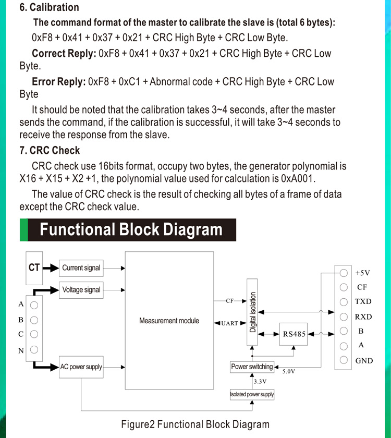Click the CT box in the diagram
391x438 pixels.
tap(34, 267)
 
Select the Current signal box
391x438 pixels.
tap(81, 268)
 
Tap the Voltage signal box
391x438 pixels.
tap(81, 290)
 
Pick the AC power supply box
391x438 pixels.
tap(81, 367)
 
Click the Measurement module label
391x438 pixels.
tap(169, 321)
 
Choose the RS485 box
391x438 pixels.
tap(294, 334)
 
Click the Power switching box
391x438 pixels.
tap(252, 367)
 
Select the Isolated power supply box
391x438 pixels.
tap(252, 394)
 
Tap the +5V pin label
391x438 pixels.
tap(363, 273)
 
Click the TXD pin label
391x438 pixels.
tap(363, 301)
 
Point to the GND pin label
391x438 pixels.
tap(364, 360)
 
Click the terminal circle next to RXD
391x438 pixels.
tap(344, 317)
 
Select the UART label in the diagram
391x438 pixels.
tap(229, 323)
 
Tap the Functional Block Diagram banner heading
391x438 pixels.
tap(131, 230)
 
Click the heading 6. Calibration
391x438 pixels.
tap(49, 7)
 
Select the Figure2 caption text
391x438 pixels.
tap(195, 424)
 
